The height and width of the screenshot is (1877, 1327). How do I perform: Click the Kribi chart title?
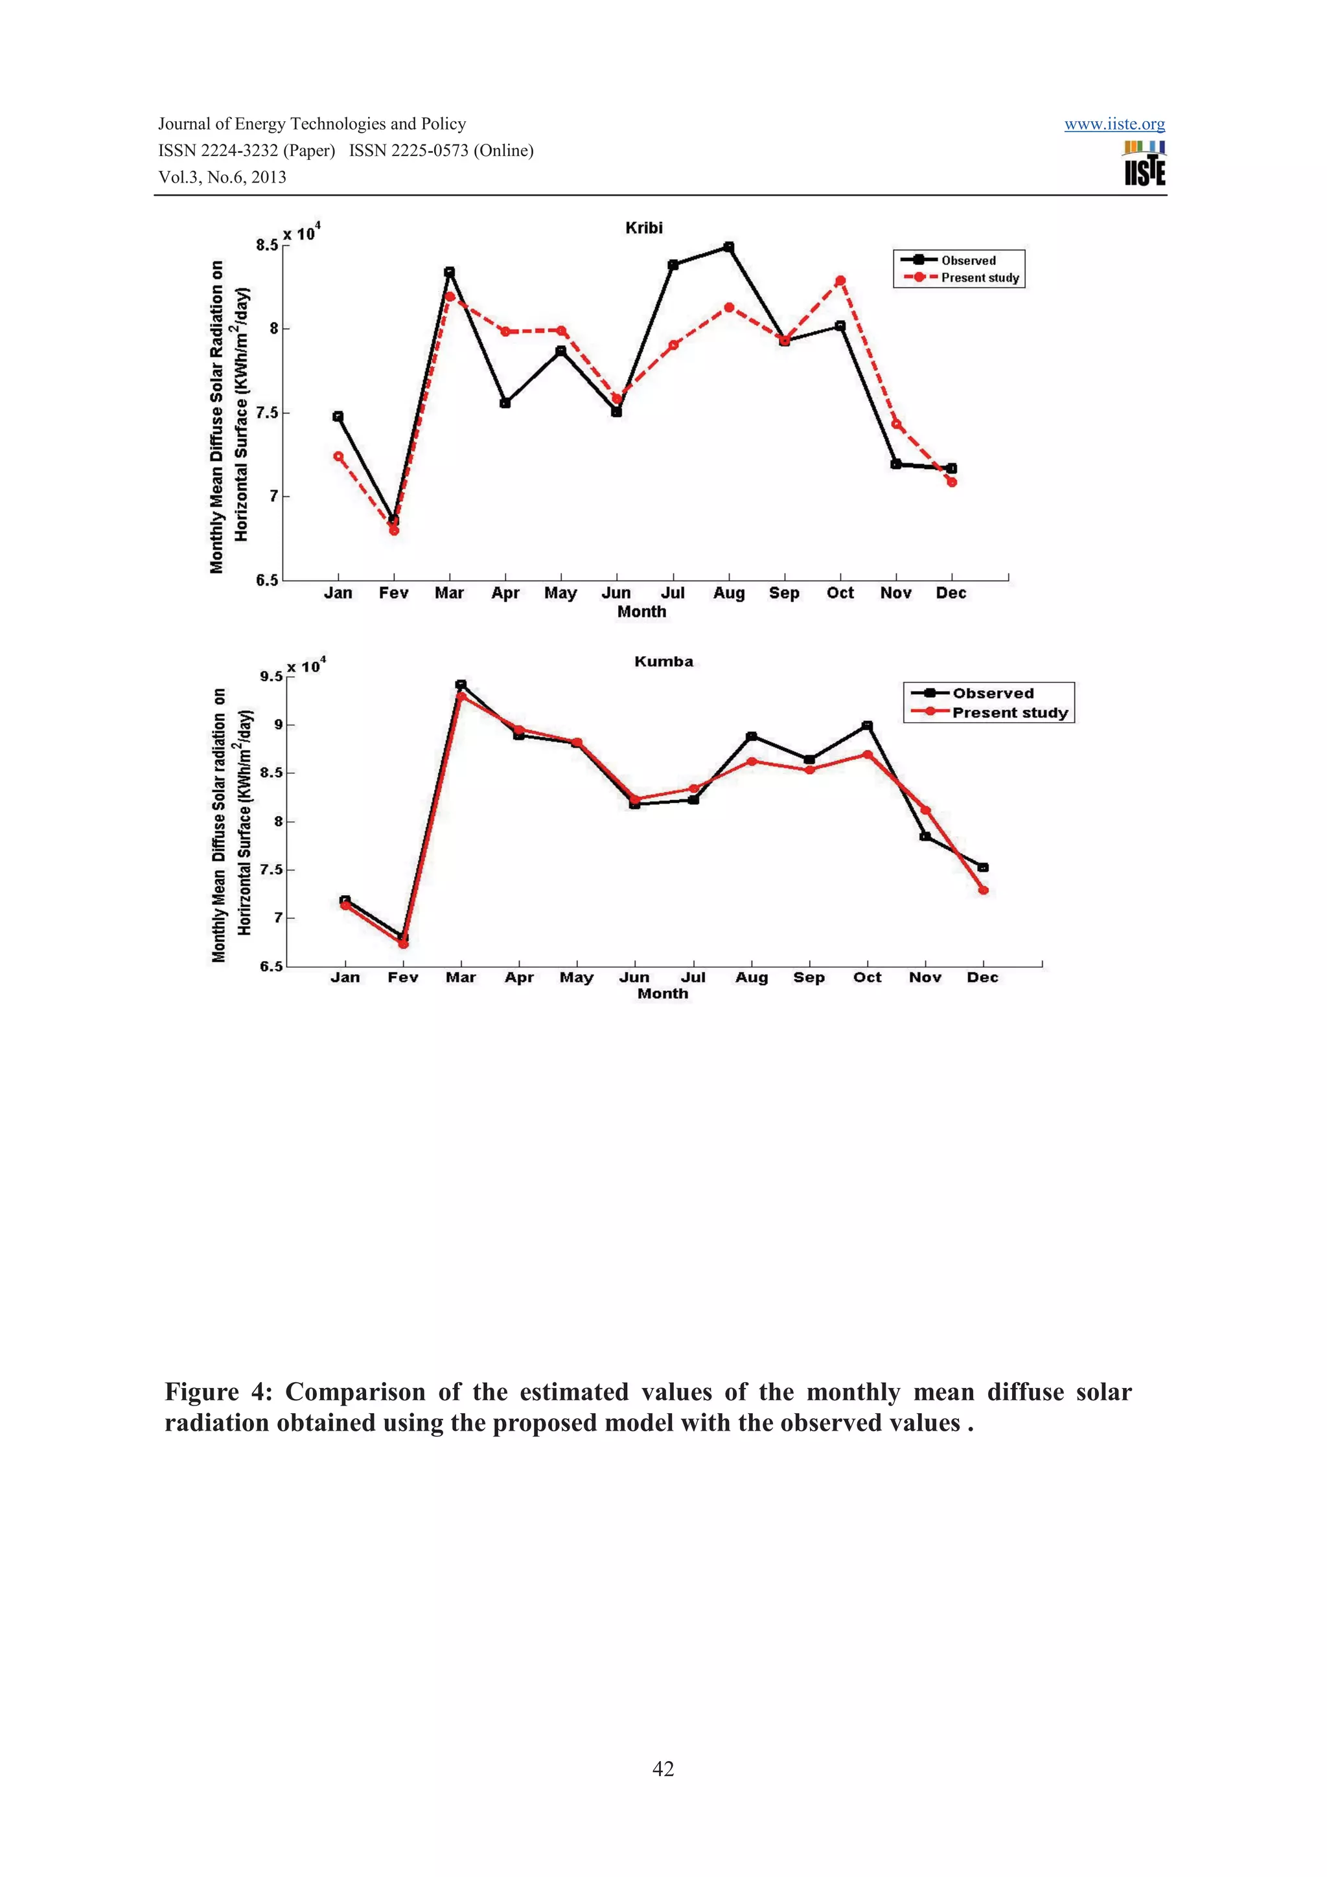[x=643, y=228]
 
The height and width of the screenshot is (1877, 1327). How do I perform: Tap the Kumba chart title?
[x=663, y=661]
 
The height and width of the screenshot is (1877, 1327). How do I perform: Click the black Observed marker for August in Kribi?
[x=728, y=247]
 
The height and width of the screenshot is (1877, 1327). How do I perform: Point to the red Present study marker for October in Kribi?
[x=840, y=281]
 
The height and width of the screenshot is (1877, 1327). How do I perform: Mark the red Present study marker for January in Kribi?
[x=338, y=456]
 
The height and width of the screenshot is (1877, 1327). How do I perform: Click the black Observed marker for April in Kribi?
[x=505, y=403]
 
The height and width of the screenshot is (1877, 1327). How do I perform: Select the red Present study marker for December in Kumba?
[x=983, y=891]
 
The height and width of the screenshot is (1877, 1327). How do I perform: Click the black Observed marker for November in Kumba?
[x=925, y=836]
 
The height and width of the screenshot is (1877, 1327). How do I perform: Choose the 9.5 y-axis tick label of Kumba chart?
[x=271, y=677]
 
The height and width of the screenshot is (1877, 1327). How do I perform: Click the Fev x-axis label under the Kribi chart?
[x=393, y=593]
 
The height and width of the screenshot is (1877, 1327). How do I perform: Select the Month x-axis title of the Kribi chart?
[x=642, y=612]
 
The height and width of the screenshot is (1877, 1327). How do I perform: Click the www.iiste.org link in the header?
[x=1114, y=124]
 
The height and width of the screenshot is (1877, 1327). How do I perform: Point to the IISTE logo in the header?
[x=1145, y=163]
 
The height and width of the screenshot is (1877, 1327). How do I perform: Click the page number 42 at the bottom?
[x=663, y=1769]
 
